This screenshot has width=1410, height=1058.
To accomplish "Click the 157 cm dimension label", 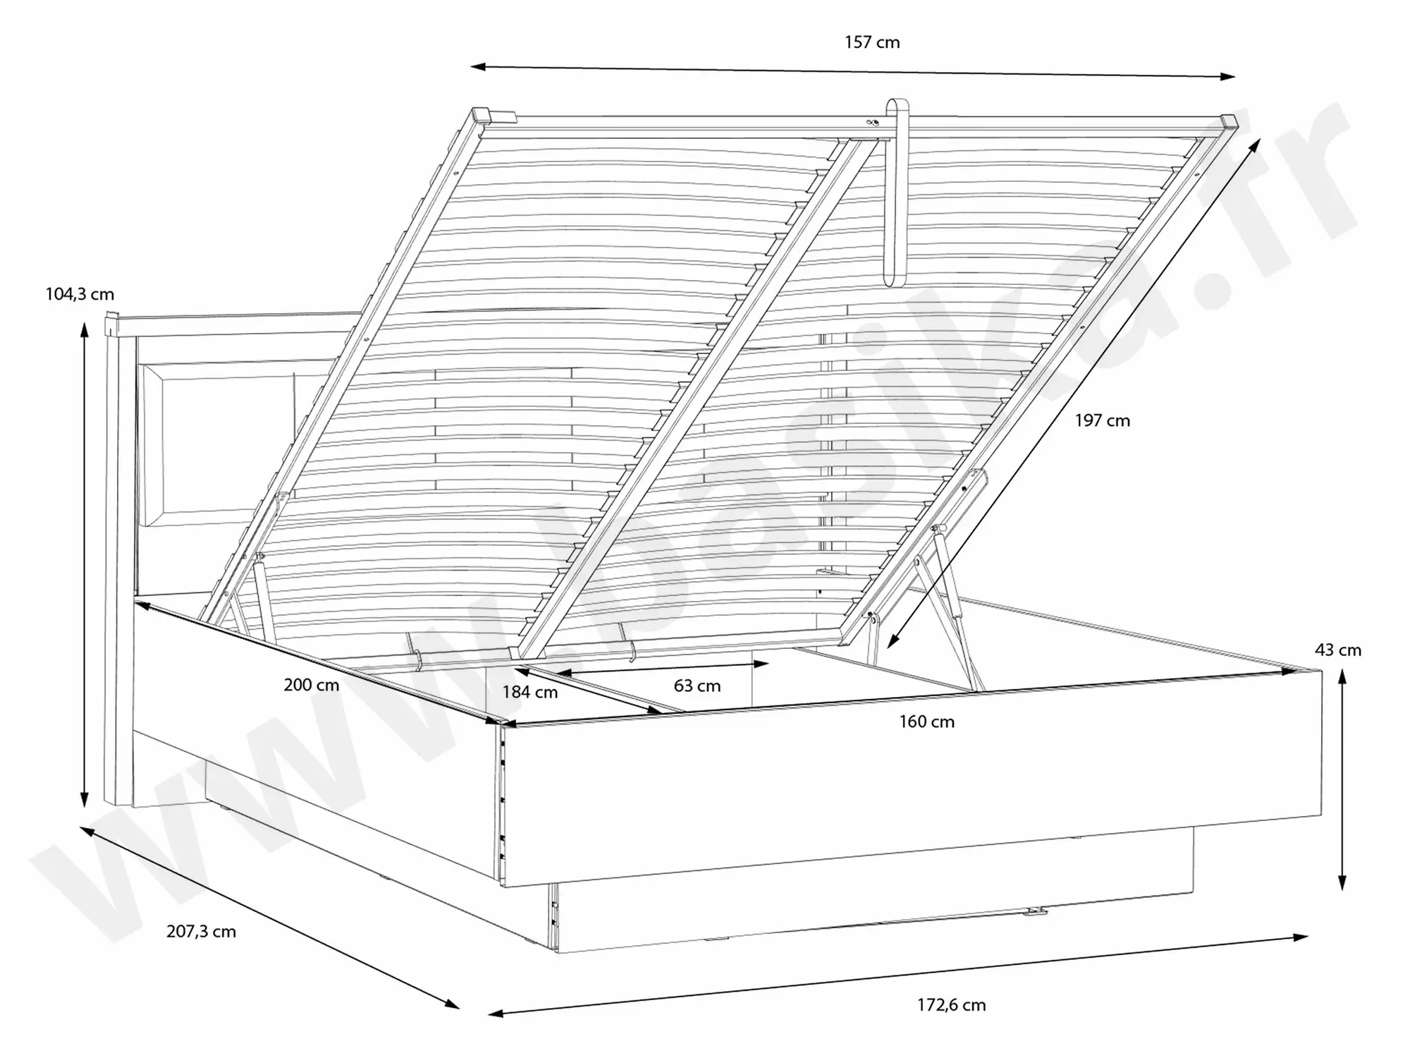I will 872,42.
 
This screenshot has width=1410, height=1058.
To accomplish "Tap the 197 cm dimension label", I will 1102,421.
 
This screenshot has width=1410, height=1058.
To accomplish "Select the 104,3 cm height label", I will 80,294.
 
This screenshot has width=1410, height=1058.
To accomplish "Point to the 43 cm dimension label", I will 1337,650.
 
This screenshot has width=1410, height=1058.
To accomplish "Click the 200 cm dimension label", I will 311,685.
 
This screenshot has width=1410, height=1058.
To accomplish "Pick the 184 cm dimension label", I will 529,693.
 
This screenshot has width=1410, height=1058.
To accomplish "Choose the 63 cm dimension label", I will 697,686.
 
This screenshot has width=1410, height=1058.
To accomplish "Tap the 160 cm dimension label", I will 926,722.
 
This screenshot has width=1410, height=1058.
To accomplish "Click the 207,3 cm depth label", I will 201,932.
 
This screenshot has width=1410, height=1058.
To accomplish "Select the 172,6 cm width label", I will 951,1005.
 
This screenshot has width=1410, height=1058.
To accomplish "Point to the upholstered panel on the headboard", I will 219,444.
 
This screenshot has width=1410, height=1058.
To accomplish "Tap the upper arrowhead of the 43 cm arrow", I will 1342,676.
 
